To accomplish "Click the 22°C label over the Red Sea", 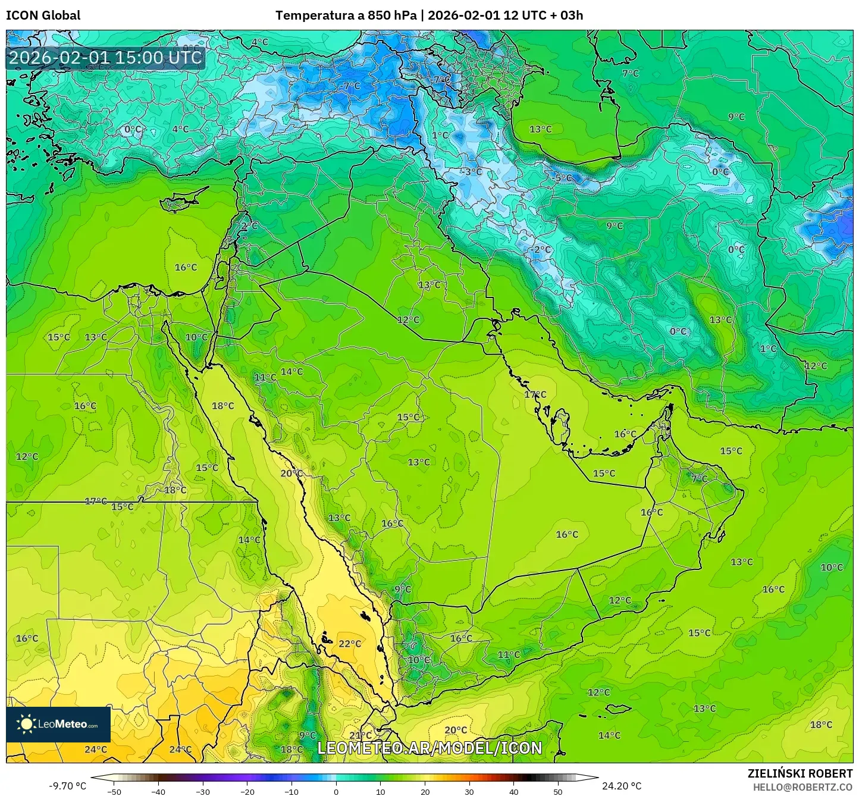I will (x=350, y=644).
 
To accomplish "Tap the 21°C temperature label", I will (x=360, y=735).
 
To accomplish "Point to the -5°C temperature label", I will (x=563, y=178).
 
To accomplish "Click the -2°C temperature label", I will (x=541, y=249).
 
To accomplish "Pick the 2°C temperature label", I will (x=249, y=226).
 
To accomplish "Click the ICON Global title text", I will (x=43, y=15).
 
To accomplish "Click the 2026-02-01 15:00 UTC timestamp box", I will (x=105, y=58).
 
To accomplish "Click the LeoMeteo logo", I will (x=58, y=724).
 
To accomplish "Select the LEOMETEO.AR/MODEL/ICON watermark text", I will (x=429, y=748).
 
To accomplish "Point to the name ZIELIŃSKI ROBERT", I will (x=800, y=773).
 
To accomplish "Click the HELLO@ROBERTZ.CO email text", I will (x=802, y=786).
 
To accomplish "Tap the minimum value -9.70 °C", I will (x=67, y=786).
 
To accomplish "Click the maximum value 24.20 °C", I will (x=622, y=786).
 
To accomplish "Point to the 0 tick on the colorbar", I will (x=336, y=791).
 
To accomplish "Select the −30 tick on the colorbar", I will (x=203, y=791).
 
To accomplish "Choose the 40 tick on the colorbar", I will (x=513, y=791).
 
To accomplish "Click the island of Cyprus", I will (x=180, y=201).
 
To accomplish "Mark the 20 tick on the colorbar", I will (x=425, y=791).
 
